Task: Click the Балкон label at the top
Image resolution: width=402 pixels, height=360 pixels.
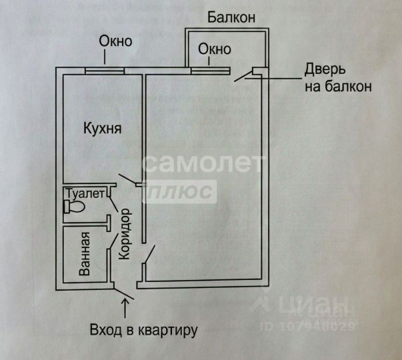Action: tap(231, 17)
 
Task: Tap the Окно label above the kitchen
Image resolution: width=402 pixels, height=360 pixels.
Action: tap(115, 41)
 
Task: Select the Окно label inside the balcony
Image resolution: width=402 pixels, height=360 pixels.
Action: tap(215, 49)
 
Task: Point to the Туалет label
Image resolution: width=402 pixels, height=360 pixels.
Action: tap(84, 193)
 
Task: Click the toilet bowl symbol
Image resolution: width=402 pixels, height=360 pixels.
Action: tap(74, 207)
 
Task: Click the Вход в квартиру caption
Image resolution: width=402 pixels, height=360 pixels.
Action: tap(145, 329)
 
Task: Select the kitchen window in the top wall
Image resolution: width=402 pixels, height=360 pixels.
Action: tap(105, 69)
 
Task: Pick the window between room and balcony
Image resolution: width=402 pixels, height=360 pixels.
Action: tap(210, 69)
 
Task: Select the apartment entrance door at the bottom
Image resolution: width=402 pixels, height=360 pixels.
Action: tap(123, 291)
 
